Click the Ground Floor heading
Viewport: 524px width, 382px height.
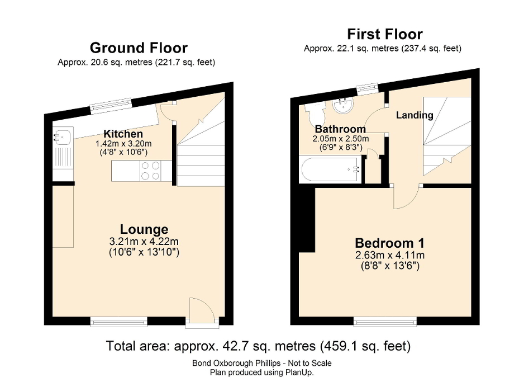(138, 48)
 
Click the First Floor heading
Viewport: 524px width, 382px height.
(384, 34)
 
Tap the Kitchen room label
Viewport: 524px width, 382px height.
(123, 134)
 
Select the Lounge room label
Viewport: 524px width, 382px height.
(144, 229)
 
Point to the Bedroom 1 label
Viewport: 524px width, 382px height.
(389, 243)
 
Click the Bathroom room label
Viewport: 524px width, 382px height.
(334, 129)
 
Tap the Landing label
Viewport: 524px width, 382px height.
(415, 115)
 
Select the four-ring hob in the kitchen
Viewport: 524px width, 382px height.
(150, 171)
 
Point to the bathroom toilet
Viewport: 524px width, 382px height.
(313, 111)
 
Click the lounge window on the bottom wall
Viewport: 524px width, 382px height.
(119, 321)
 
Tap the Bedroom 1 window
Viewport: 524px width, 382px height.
(384, 321)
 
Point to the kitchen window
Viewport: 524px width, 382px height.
(112, 104)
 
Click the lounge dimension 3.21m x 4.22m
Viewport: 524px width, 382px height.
(144, 242)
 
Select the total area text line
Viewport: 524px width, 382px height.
(258, 346)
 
